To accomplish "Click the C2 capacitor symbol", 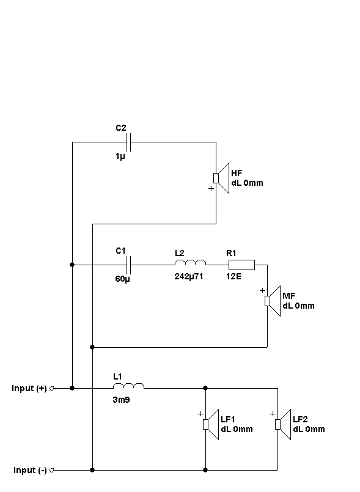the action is coord(128,142).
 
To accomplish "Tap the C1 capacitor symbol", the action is coord(128,265).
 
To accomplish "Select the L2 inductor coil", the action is coord(190,262).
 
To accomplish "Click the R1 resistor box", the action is coord(241,265).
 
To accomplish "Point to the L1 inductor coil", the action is coord(129,386).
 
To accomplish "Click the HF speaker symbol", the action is coord(221,178).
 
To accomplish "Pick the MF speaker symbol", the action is coord(273,301).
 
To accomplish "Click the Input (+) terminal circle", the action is coord(52,388).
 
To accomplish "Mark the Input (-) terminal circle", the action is coord(52,470).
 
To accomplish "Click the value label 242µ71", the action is coord(189,276).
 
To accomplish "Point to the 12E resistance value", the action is coord(233,276).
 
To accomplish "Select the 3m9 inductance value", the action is coord(121,400).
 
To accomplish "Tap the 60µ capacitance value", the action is coord(122,279).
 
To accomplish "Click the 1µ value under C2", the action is coord(120,156).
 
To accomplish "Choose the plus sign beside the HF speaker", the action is coord(211,188).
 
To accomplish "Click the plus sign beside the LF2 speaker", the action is coord(273,414).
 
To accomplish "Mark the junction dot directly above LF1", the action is coord(205,388).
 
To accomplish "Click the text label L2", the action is coord(180,253).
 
